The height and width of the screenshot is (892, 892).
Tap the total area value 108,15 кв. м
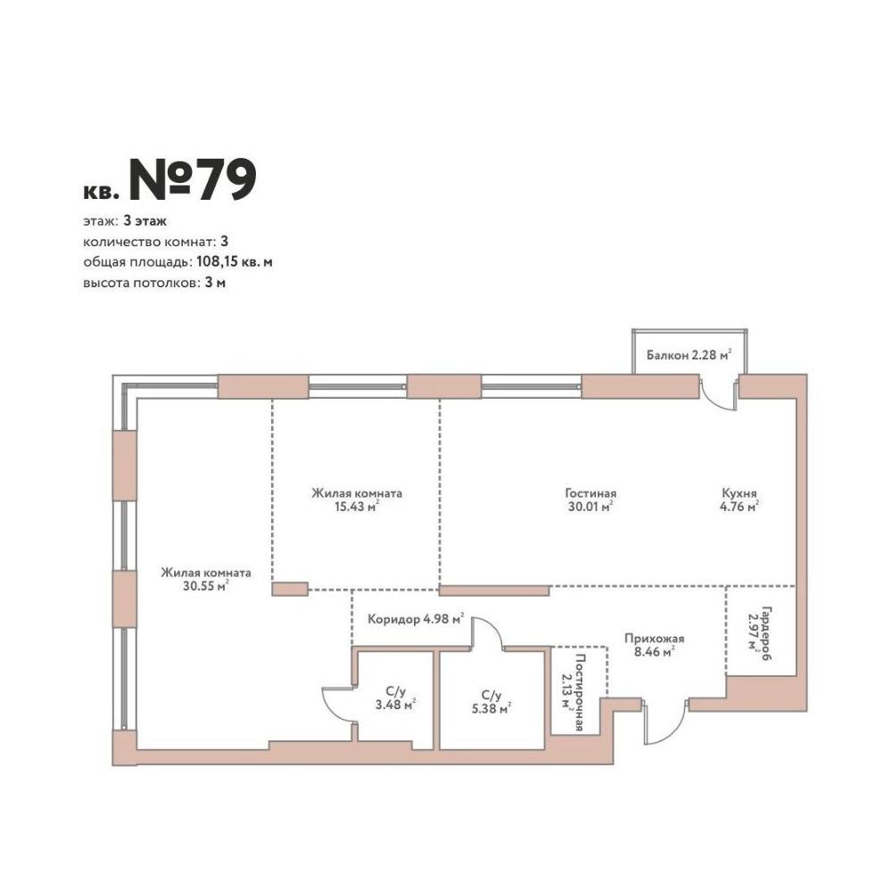click(235, 262)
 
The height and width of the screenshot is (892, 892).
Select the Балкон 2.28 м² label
click(689, 355)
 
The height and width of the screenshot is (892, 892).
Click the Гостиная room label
click(591, 492)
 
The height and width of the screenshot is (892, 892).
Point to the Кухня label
click(739, 492)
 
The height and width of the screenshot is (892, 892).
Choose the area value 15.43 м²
click(357, 507)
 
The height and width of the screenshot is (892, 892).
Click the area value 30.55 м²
click(206, 586)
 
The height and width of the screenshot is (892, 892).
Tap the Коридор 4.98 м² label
click(416, 619)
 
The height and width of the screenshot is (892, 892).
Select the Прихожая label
click(654, 639)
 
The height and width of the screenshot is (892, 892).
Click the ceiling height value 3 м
click(215, 283)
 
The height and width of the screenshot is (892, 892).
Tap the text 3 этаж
click(145, 220)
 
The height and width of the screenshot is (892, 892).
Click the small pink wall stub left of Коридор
click(290, 589)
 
